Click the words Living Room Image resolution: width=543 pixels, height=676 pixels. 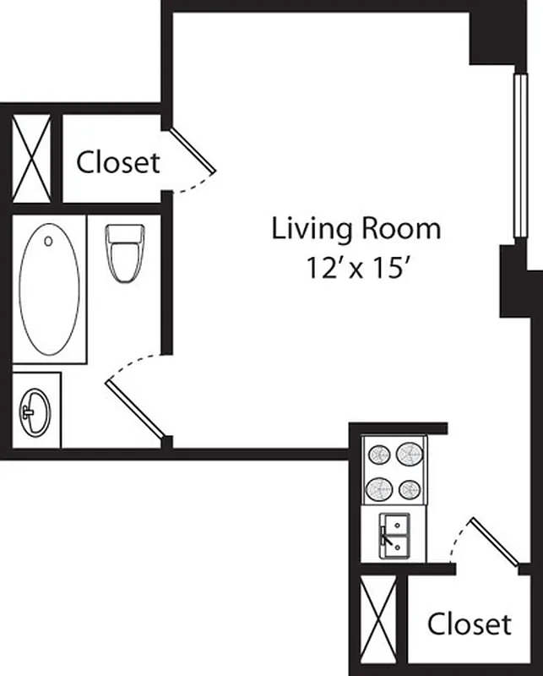coord(356,229)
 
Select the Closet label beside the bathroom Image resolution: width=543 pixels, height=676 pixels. coord(118,162)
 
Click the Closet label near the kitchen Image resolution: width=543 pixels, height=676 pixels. coord(469,624)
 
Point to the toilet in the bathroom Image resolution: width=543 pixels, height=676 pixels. coord(125,251)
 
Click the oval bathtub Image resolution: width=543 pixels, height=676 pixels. coord(50,288)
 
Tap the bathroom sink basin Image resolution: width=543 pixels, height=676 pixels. coord(35,412)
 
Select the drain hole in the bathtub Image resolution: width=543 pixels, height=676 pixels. coord(48,241)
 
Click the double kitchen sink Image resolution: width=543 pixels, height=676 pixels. coord(394,534)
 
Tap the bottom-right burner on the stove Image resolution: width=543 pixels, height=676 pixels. coord(410,488)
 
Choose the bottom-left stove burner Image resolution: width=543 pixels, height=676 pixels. coord(377,488)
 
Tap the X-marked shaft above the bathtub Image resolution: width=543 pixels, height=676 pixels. coord(31,158)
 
